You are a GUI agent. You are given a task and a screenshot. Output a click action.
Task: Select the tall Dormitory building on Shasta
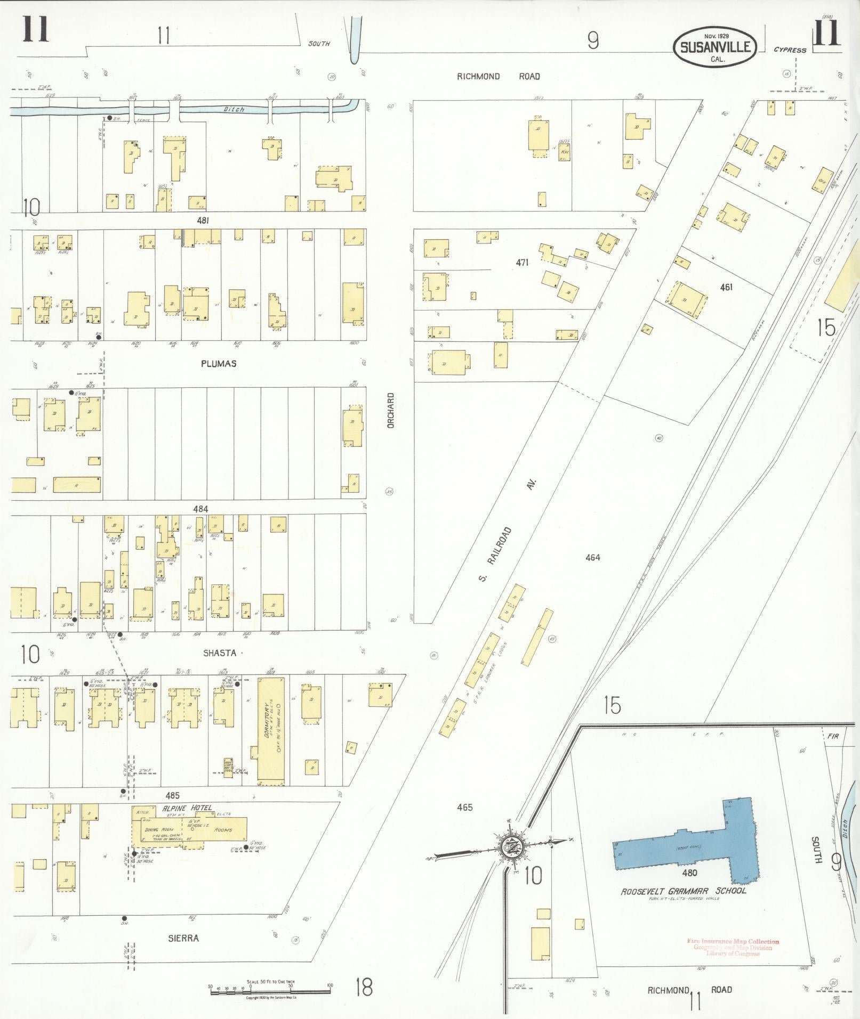271,730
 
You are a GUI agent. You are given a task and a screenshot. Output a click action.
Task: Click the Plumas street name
219,364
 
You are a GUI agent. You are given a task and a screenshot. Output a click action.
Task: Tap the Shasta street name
219,653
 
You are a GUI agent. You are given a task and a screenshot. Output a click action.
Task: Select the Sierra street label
183,938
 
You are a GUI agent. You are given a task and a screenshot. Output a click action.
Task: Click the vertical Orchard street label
391,411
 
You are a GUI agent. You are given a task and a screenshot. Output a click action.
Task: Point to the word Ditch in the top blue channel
234,109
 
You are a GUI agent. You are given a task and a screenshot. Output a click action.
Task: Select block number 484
200,509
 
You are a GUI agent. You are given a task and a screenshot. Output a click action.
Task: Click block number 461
726,287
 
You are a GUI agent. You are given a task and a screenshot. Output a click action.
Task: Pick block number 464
592,557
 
